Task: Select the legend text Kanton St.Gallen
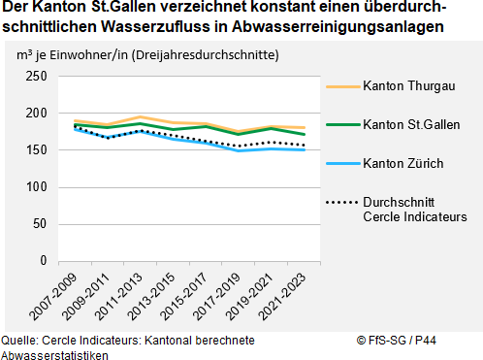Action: click(x=411, y=124)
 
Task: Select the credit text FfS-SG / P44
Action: click(x=389, y=341)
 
